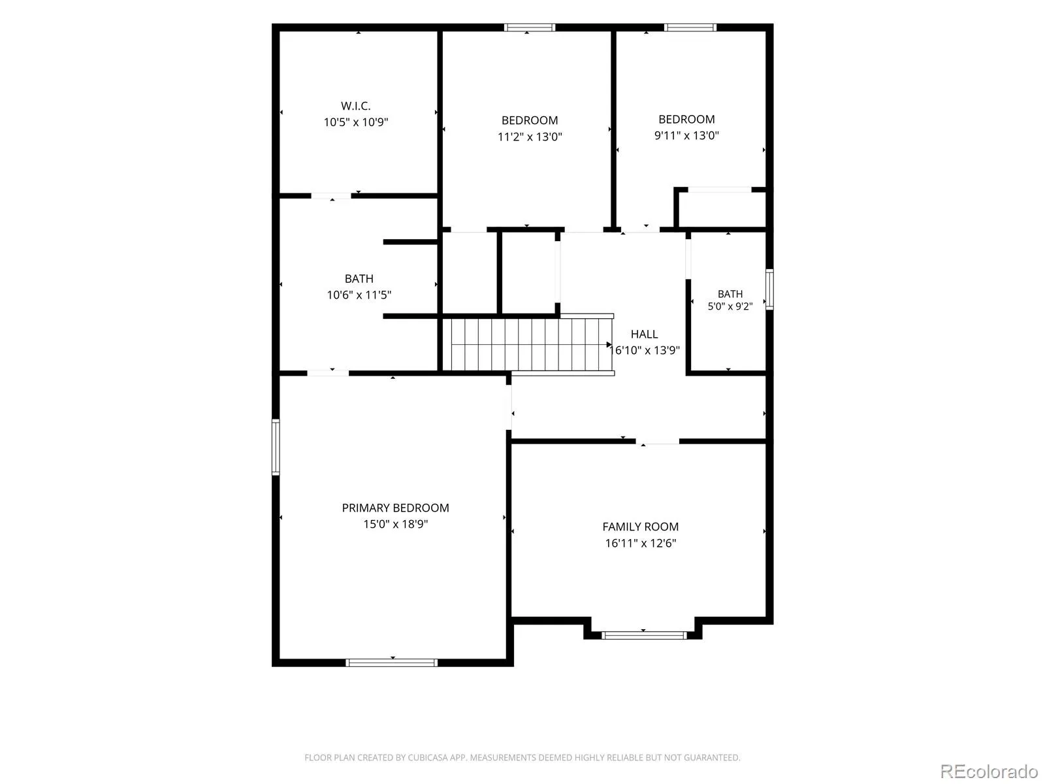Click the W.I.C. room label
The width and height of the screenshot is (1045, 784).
355,106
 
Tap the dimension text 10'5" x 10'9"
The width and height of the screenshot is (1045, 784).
356,122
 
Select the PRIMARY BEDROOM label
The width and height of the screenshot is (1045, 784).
395,508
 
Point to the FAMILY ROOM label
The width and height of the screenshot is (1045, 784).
640,527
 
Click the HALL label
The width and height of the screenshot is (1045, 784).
644,334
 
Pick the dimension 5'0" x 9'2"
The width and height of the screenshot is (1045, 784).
730,306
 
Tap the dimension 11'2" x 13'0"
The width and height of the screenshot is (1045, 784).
530,137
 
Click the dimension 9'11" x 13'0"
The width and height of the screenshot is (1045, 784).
686,135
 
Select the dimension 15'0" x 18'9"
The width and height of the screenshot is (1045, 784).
395,524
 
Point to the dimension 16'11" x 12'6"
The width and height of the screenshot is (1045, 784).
640,543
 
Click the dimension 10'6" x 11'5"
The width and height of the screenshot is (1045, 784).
359,295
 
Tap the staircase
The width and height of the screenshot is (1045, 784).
528,345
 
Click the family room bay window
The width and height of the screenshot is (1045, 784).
644,635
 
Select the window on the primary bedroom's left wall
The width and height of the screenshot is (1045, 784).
276,447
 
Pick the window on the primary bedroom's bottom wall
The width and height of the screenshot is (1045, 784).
391,662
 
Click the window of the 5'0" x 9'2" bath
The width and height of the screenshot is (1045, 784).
769,289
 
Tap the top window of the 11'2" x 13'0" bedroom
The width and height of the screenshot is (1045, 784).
530,27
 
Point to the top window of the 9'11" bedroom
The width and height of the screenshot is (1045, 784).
690,27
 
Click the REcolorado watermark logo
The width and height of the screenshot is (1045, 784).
989,771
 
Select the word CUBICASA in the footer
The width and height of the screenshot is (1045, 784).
428,757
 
